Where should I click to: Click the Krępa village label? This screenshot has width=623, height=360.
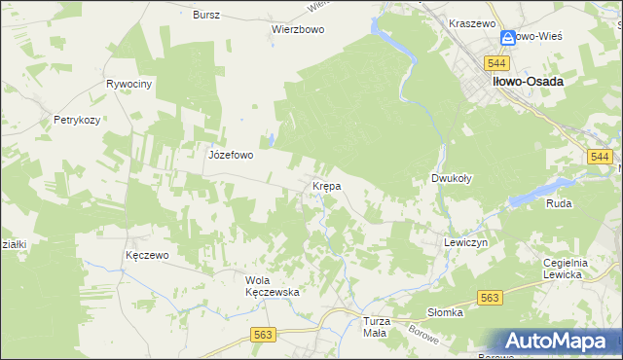click(325, 185)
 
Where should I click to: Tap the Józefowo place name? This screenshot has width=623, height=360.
click(231, 154)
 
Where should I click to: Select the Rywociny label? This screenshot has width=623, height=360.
click(129, 85)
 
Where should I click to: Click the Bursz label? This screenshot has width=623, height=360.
click(206, 16)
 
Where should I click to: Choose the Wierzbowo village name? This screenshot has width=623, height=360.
click(298, 29)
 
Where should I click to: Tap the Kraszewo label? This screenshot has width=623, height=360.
click(473, 21)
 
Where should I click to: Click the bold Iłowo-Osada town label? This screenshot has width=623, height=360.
click(527, 83)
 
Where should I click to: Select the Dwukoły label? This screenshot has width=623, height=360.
click(452, 179)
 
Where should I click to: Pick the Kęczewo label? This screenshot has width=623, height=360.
click(148, 255)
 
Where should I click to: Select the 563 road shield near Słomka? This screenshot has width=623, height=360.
click(489, 299)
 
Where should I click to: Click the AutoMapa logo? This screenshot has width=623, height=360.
click(561, 342)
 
